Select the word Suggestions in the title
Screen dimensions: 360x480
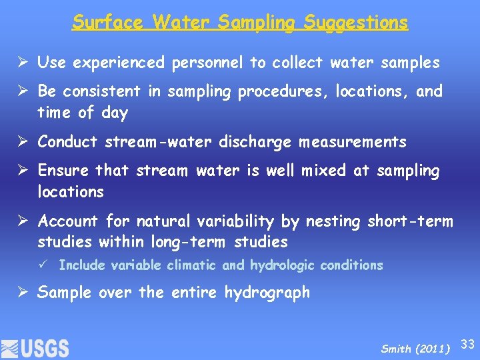click(356, 22)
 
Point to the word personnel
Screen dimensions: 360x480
click(207, 63)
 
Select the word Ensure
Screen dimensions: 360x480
click(64, 171)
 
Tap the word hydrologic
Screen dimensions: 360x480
click(283, 265)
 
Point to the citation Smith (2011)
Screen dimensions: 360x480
click(415, 349)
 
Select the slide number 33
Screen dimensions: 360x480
click(468, 344)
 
